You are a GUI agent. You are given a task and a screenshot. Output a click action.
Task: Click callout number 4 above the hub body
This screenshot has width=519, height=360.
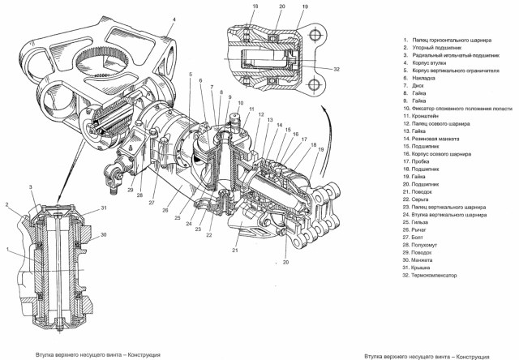click(174, 18)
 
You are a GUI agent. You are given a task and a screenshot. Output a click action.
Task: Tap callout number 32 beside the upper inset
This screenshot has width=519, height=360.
click(334, 71)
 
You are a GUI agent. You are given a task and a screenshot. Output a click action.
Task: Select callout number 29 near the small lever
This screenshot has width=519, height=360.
click(128, 190)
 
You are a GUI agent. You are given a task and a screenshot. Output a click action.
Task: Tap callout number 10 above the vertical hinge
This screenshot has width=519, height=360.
click(240, 103)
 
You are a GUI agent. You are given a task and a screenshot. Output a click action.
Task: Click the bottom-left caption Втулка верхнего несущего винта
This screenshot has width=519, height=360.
click(97, 354)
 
